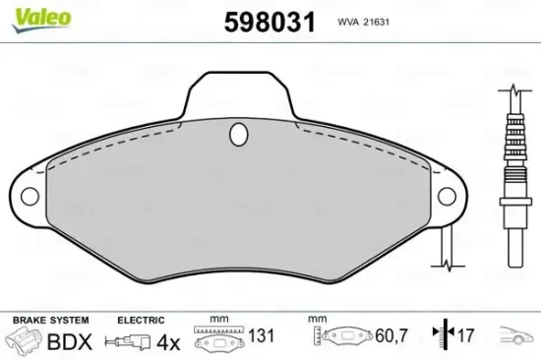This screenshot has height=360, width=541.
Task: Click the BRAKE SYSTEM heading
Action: pyautogui.click(x=49, y=320)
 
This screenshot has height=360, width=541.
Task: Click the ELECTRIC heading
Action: pyautogui.click(x=139, y=320)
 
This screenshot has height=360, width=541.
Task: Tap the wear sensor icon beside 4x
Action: pyautogui.click(x=129, y=343)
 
